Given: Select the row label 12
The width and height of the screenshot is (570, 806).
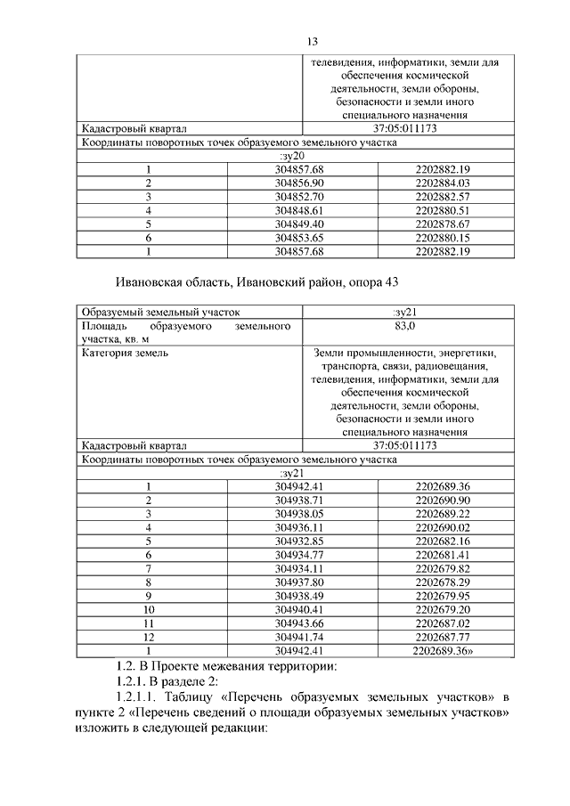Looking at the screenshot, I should click(x=150, y=637).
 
